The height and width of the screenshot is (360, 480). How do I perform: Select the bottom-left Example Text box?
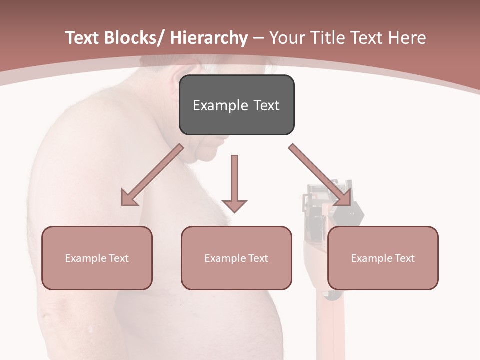(97, 258)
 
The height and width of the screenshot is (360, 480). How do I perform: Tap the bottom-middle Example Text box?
(236, 258)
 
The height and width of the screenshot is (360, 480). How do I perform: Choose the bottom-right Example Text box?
(383, 258)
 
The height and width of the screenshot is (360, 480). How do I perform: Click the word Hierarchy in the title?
(209, 38)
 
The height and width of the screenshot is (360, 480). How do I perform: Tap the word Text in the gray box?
(266, 105)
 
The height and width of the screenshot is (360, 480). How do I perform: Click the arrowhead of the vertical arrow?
(234, 205)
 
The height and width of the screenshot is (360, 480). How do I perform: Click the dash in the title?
(258, 38)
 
